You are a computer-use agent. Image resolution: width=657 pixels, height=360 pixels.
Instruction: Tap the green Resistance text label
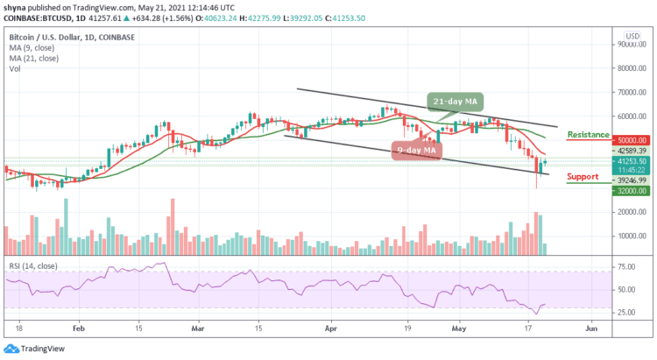click(x=589, y=135)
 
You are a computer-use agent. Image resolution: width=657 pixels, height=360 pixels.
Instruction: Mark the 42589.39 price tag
click(x=631, y=152)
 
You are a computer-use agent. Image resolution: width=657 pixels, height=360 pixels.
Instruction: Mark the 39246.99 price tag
click(x=631, y=179)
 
